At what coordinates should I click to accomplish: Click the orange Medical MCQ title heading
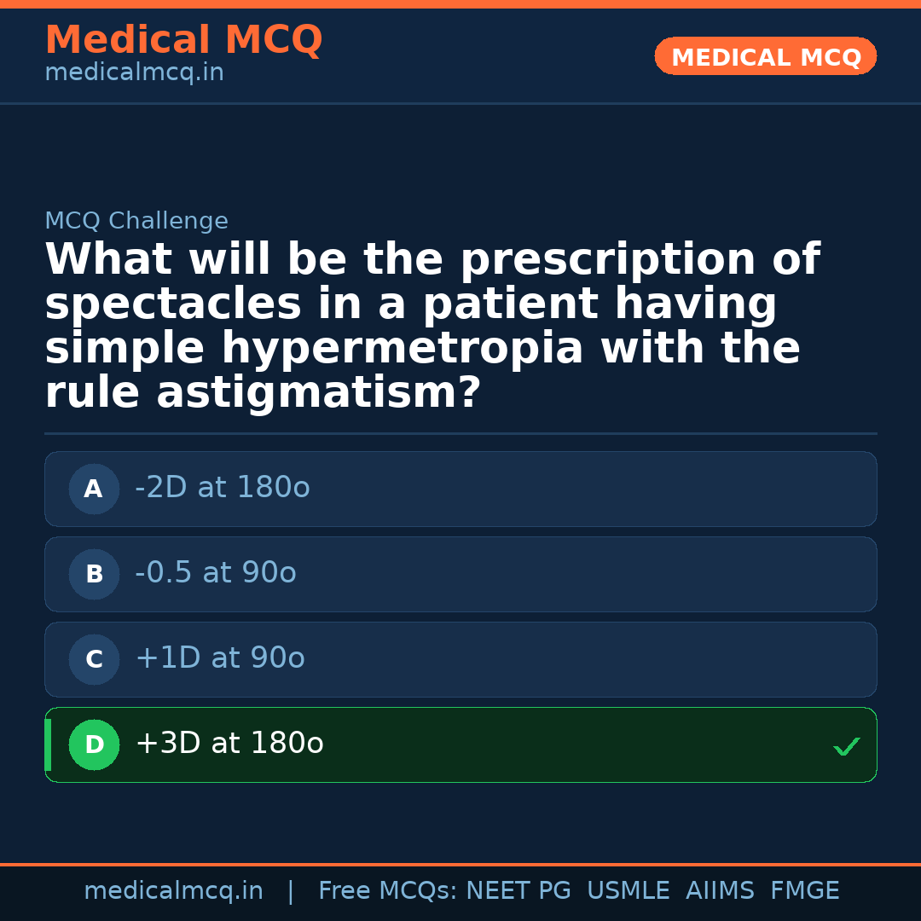(x=184, y=39)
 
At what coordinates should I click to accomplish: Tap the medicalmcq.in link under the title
(x=135, y=72)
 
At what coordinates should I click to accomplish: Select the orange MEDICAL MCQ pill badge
(x=765, y=56)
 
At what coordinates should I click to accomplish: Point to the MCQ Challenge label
(x=136, y=221)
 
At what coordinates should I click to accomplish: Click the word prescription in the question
(x=608, y=260)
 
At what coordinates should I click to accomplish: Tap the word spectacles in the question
(x=172, y=304)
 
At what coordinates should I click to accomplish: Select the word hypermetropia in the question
(x=403, y=349)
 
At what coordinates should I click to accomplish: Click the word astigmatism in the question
(x=318, y=393)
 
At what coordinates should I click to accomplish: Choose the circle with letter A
(x=94, y=489)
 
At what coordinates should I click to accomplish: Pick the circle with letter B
(x=94, y=574)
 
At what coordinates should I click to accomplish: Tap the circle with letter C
(x=94, y=659)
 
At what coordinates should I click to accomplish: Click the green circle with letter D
(x=94, y=744)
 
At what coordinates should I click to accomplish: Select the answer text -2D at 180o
(x=223, y=487)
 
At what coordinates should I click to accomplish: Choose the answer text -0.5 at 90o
(x=216, y=572)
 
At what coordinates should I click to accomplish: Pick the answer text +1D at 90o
(x=220, y=657)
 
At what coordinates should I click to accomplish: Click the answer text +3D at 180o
(x=229, y=743)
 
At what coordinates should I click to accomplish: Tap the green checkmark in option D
(x=847, y=746)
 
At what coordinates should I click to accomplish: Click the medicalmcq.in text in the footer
(x=174, y=890)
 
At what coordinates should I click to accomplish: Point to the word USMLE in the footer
(x=628, y=890)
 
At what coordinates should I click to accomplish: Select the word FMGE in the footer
(x=805, y=890)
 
